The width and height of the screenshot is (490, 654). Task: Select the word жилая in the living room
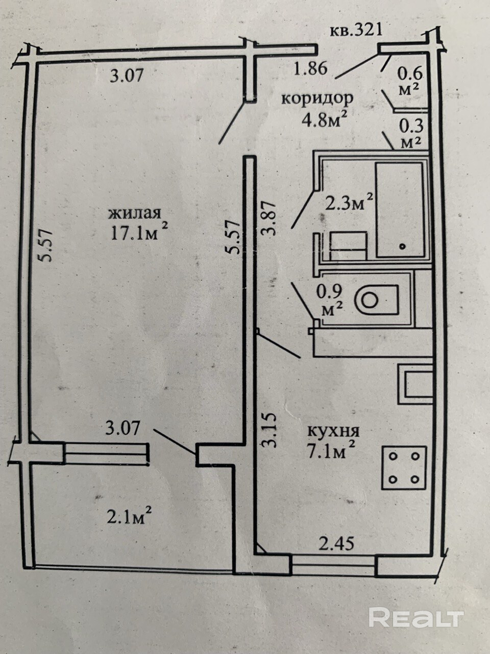[x=136, y=212]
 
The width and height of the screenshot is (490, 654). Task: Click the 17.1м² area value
[x=139, y=232]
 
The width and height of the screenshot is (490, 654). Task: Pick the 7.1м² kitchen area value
[x=331, y=451]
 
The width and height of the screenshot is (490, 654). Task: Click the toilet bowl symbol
[x=377, y=299]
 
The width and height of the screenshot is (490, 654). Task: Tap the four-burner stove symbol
[x=405, y=466]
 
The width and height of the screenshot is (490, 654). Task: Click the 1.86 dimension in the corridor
[x=310, y=68]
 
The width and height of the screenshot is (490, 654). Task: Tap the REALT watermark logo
[x=415, y=618]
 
